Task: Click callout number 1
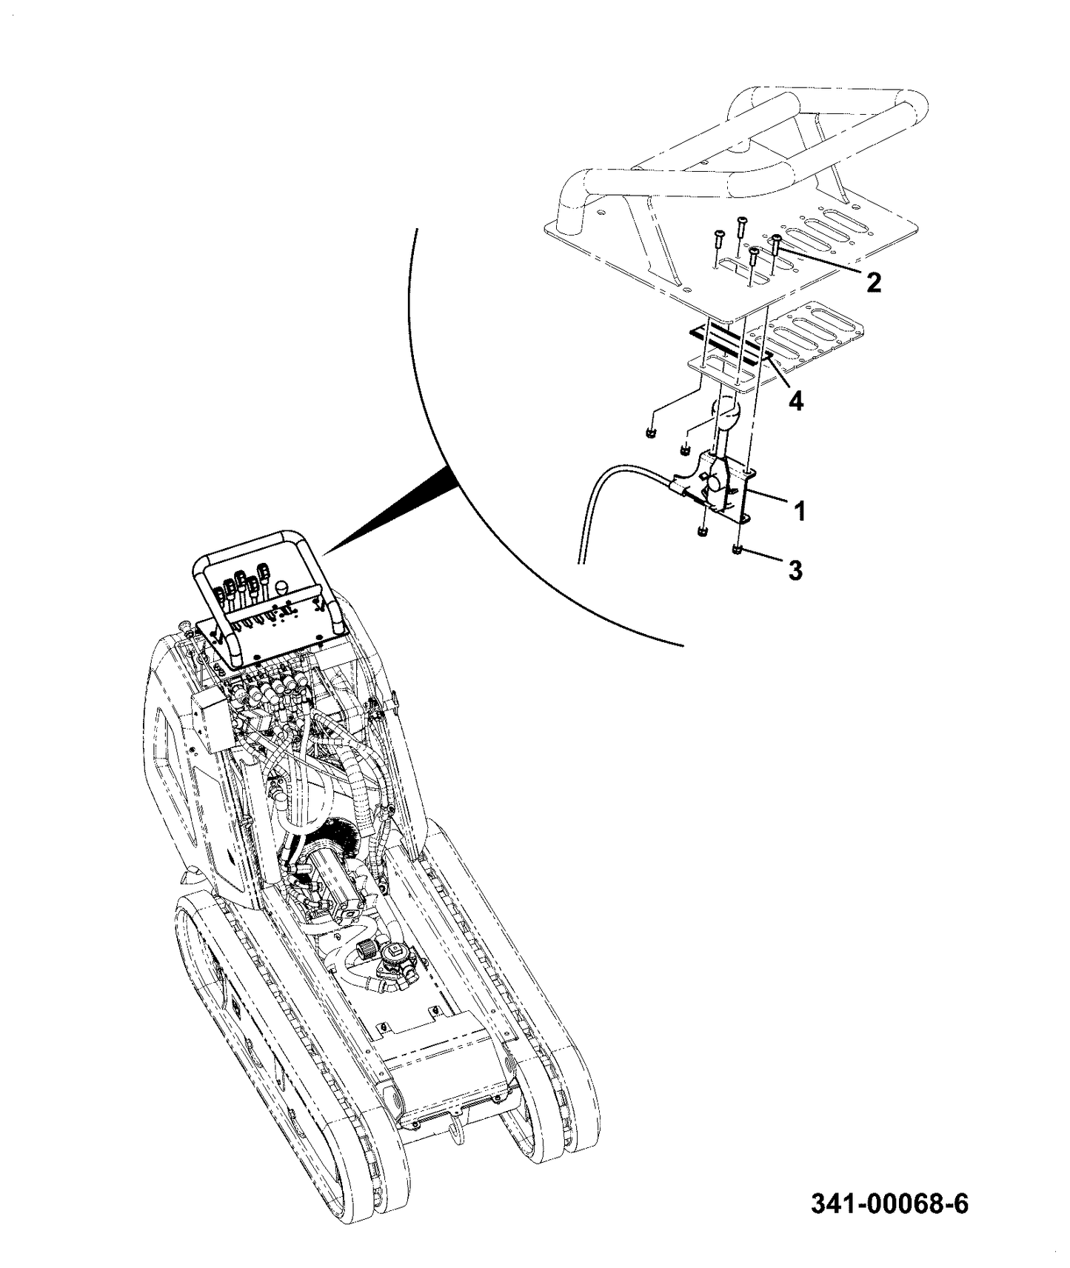(x=799, y=511)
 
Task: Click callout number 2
(x=874, y=281)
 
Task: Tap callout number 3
(x=794, y=570)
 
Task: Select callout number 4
(x=795, y=401)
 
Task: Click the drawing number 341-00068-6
(x=889, y=1204)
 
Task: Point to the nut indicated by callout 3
(x=738, y=550)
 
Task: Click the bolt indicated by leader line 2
(x=776, y=241)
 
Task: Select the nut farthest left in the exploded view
(x=650, y=432)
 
